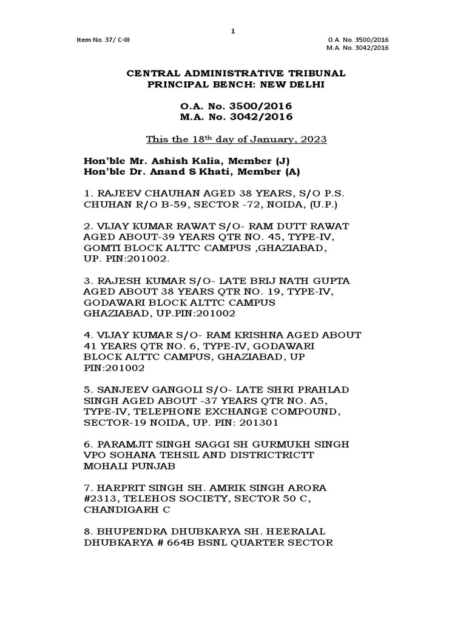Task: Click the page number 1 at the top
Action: tap(232, 32)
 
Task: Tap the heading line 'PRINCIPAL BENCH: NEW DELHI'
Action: tap(236, 85)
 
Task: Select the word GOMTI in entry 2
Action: tap(100, 247)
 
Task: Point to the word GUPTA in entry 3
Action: tap(332, 281)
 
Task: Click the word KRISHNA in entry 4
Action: tap(270, 335)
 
